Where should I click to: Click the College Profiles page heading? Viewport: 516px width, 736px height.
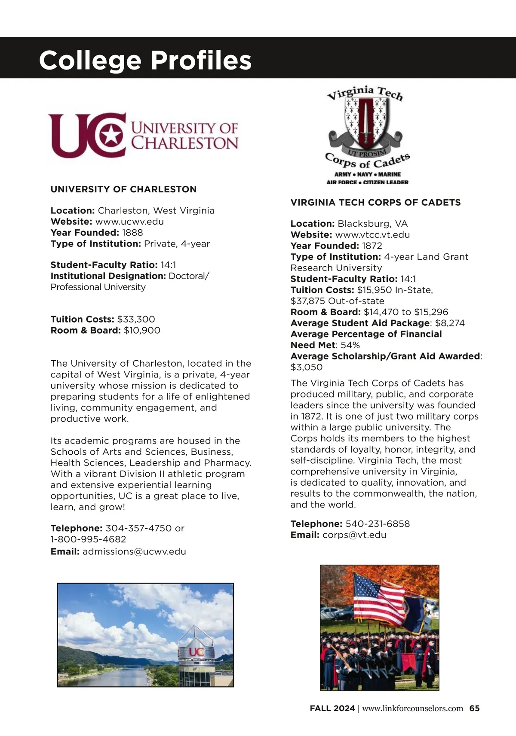(145, 60)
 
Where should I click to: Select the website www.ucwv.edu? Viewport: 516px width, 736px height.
(129, 222)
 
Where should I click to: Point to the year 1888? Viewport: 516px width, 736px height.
(132, 233)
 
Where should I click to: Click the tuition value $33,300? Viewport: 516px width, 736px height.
(136, 319)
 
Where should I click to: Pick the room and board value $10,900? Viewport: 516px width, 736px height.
(142, 331)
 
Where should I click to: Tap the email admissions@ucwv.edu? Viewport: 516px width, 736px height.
(134, 551)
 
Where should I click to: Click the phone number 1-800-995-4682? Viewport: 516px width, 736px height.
(88, 539)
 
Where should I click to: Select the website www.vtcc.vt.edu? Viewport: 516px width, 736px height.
(372, 235)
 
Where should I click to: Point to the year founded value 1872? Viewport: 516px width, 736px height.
(372, 246)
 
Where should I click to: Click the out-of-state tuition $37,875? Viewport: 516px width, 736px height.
(307, 301)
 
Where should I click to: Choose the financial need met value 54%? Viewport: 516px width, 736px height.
(350, 345)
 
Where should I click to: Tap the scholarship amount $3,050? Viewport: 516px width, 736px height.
(306, 367)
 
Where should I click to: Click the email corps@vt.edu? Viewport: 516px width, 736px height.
(354, 535)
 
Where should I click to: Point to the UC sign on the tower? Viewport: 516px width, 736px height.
(196, 652)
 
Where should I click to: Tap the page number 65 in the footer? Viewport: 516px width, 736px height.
(474, 708)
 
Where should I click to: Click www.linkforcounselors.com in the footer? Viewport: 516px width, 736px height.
(412, 708)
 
